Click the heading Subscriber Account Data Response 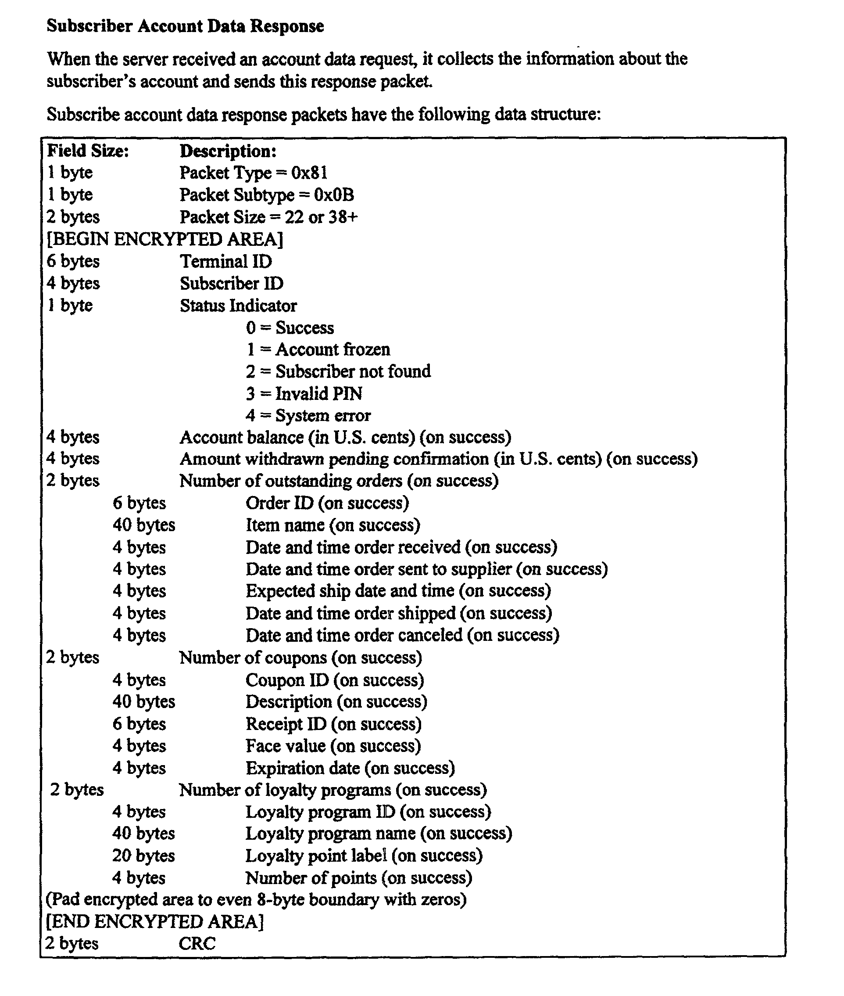(185, 26)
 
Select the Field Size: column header (88, 151)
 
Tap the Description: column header (228, 151)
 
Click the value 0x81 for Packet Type (310, 173)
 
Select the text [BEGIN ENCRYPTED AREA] (165, 239)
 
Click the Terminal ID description (226, 262)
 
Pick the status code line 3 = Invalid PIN (304, 394)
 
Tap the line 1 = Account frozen (318, 349)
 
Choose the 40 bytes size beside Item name (143, 525)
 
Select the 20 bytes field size (143, 856)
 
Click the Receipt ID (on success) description (333, 724)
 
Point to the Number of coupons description (300, 658)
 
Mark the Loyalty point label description (364, 856)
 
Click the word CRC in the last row (197, 944)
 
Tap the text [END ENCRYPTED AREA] (154, 922)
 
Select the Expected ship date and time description (398, 591)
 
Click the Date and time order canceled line (402, 636)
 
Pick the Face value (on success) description (333, 746)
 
